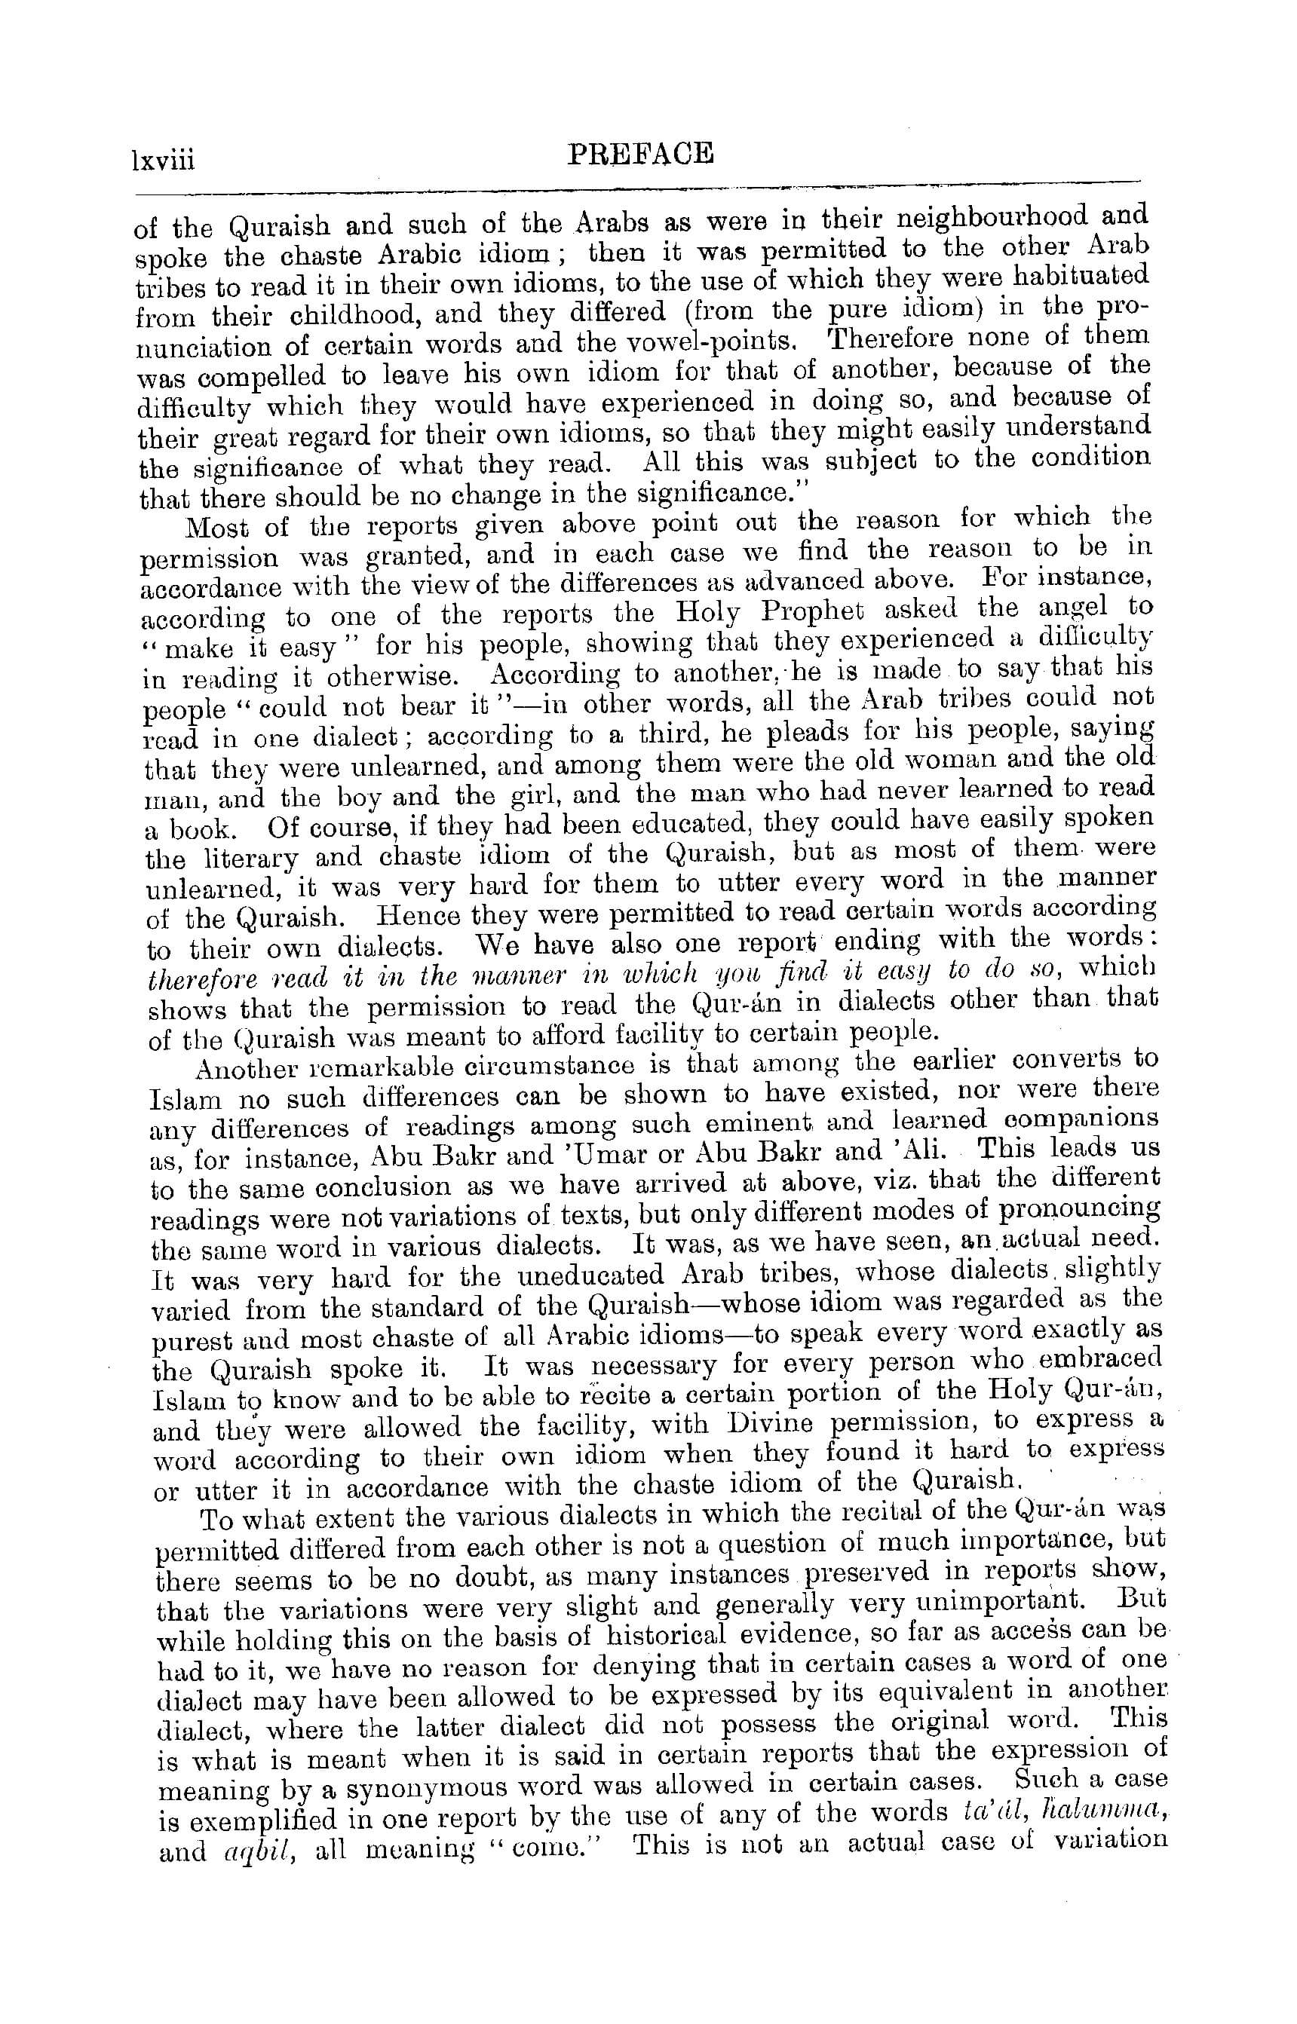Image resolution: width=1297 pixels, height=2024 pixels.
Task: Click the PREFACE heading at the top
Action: (640, 154)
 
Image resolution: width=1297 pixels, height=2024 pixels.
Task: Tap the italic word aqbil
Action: (254, 1852)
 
